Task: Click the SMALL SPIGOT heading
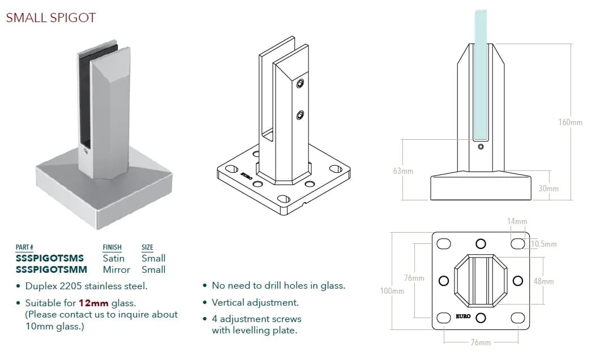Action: pos(51,18)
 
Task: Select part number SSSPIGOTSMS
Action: pos(50,258)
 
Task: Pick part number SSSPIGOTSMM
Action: pos(52,269)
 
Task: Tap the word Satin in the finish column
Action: pos(114,258)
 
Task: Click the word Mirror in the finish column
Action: pos(117,269)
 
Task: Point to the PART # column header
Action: pos(24,247)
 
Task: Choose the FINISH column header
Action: pos(112,247)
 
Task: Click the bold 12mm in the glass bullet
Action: pos(93,303)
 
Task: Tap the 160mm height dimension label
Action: pos(570,122)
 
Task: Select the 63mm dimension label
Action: pos(403,171)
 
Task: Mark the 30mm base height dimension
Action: pos(548,188)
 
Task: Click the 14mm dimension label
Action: pos(517,221)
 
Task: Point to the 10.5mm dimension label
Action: pos(544,244)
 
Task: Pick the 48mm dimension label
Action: pos(544,281)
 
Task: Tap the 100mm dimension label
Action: pos(392,291)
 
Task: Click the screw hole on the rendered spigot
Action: pos(84,152)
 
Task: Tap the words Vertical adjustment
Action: pos(255,303)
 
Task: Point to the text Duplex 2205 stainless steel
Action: pos(86,286)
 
